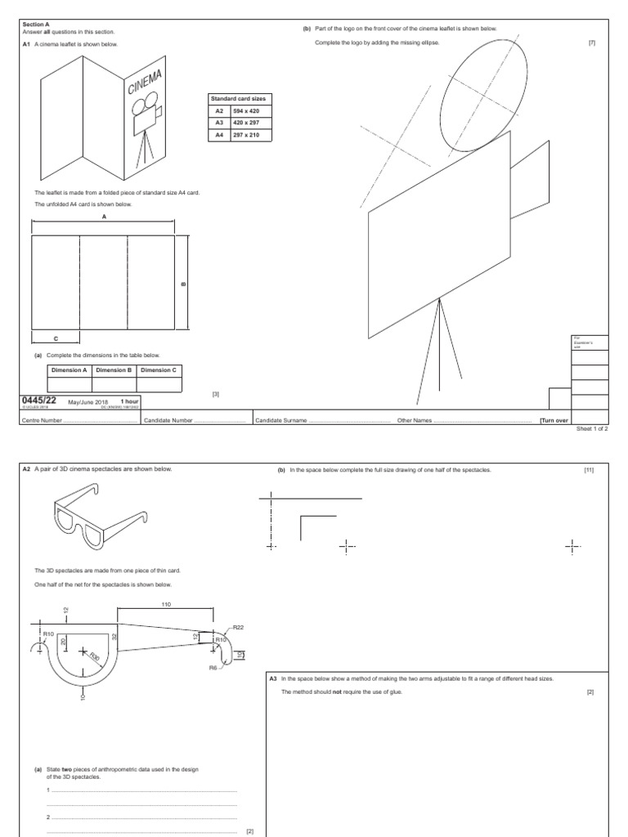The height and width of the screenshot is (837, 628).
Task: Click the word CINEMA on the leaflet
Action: [146, 83]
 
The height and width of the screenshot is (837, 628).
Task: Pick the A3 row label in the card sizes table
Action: [219, 123]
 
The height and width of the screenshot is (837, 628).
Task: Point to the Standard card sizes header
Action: [239, 98]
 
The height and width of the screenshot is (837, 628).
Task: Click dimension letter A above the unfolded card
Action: [104, 217]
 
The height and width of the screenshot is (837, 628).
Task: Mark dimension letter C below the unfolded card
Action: [55, 338]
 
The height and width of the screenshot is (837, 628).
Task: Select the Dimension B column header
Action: [114, 370]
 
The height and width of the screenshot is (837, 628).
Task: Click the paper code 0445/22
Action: [40, 401]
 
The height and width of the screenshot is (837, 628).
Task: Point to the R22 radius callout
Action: [238, 627]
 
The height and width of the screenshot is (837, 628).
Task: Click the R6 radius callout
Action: [213, 667]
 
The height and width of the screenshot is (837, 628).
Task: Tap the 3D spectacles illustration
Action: [101, 516]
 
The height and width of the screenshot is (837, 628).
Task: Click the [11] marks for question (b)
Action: [588, 470]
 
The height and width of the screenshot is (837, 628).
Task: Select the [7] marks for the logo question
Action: [591, 43]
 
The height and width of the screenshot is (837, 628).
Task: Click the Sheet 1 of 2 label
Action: [593, 428]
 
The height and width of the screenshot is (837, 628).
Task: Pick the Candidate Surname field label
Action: [280, 420]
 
